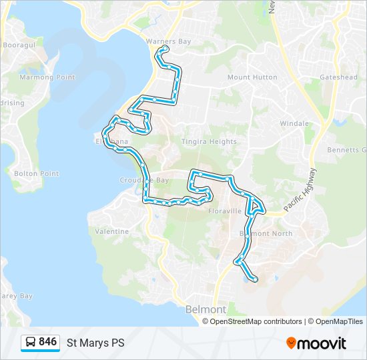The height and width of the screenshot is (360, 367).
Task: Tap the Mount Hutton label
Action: (252, 77)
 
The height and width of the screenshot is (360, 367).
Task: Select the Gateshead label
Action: (338, 77)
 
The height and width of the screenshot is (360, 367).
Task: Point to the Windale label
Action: (294, 123)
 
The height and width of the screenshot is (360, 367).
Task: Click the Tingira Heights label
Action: (209, 141)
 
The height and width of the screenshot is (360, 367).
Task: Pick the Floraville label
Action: (225, 211)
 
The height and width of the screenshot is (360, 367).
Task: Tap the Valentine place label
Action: (111, 231)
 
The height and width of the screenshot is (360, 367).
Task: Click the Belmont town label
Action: (206, 310)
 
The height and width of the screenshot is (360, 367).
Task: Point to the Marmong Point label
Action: (47, 77)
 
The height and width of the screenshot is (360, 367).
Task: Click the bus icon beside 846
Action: (31, 343)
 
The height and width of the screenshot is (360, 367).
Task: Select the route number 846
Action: (48, 342)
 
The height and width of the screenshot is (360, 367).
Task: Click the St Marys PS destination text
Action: (95, 343)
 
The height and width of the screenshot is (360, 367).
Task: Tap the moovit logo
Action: (316, 343)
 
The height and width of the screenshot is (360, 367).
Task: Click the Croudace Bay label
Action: (144, 180)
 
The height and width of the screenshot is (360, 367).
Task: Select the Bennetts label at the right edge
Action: (348, 150)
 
